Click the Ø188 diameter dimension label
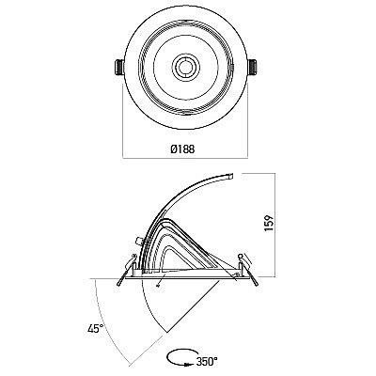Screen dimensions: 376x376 tap(182, 149)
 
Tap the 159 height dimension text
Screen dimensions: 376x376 tap(269, 223)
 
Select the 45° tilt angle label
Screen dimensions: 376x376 tap(96, 329)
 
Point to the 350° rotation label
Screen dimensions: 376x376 tap(207, 362)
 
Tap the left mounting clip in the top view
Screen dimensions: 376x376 tap(119, 68)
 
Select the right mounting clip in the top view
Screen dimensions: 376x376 tap(253, 68)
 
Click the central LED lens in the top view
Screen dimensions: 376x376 tap(186, 67)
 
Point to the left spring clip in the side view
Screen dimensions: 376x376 tap(126, 270)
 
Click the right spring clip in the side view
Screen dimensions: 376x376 tap(247, 269)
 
